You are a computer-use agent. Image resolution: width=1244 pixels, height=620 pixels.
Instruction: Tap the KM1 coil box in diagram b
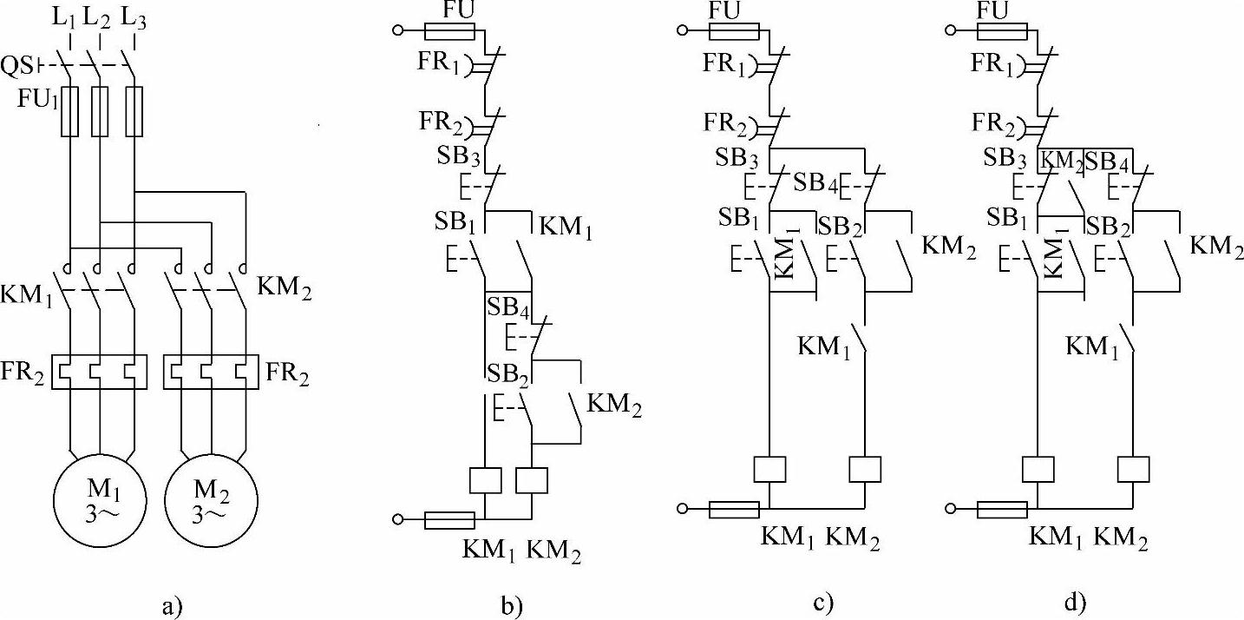pos(484,480)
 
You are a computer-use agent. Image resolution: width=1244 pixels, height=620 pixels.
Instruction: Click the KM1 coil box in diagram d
pos(1038,469)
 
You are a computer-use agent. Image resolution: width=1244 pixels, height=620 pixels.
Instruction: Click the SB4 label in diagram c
pos(813,184)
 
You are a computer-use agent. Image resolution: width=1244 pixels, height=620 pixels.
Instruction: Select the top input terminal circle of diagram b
pos(399,32)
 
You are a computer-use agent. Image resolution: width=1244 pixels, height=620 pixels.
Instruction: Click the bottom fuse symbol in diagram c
pos(734,509)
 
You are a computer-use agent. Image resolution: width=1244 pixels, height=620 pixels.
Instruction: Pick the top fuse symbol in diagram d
pos(1003,32)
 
